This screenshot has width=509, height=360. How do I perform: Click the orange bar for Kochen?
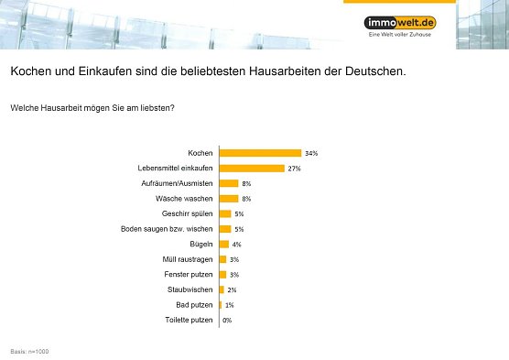260,153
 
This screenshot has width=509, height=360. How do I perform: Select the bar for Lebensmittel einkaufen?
252,169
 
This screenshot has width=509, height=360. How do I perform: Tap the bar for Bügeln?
224,244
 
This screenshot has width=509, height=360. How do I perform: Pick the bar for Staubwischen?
222,289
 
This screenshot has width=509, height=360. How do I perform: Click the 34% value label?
311,153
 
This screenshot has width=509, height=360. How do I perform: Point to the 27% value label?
295,169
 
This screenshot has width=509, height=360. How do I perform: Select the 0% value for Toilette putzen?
227,320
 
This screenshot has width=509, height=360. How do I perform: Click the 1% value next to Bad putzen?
229,304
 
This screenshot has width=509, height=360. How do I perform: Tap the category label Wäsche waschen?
185,199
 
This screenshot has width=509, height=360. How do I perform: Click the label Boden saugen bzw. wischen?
168,229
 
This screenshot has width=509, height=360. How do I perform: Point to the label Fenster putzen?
189,274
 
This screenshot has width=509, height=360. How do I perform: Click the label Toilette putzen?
188,320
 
